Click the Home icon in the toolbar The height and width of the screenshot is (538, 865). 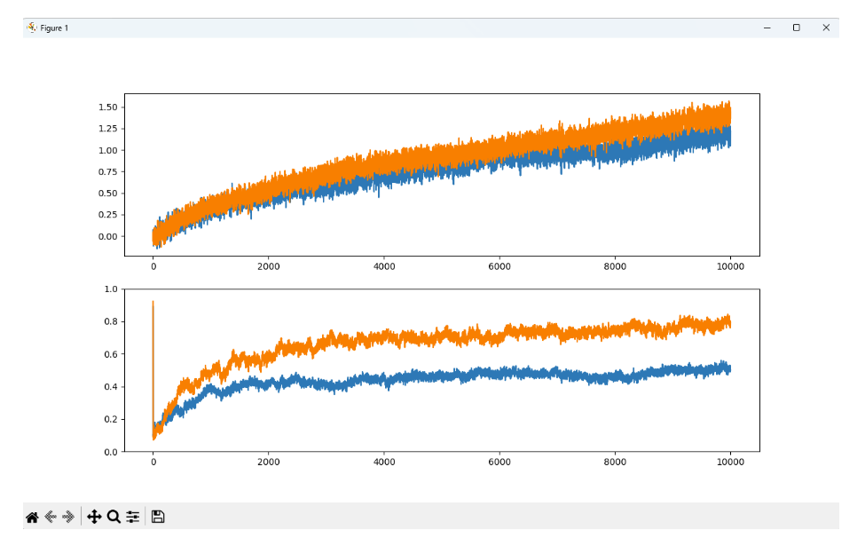32,517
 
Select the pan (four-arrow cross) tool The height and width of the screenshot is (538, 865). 94,517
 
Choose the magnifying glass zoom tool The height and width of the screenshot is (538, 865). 114,517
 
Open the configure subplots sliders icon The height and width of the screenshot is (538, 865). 133,517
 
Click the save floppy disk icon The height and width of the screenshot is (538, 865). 158,517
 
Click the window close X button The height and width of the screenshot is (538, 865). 825,28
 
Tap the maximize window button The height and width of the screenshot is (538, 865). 796,28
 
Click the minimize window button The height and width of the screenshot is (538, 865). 767,28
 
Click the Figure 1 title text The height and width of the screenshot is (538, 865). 54,28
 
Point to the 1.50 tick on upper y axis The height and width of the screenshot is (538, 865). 108,107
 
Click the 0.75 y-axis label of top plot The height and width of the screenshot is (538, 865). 108,172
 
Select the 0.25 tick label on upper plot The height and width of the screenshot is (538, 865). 108,215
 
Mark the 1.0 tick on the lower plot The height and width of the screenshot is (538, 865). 111,289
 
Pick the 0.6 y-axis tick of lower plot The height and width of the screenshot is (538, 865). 111,354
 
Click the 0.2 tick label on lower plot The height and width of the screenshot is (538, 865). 111,419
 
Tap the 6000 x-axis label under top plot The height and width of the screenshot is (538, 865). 499,265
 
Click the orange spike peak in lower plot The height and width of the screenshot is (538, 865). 153,302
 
